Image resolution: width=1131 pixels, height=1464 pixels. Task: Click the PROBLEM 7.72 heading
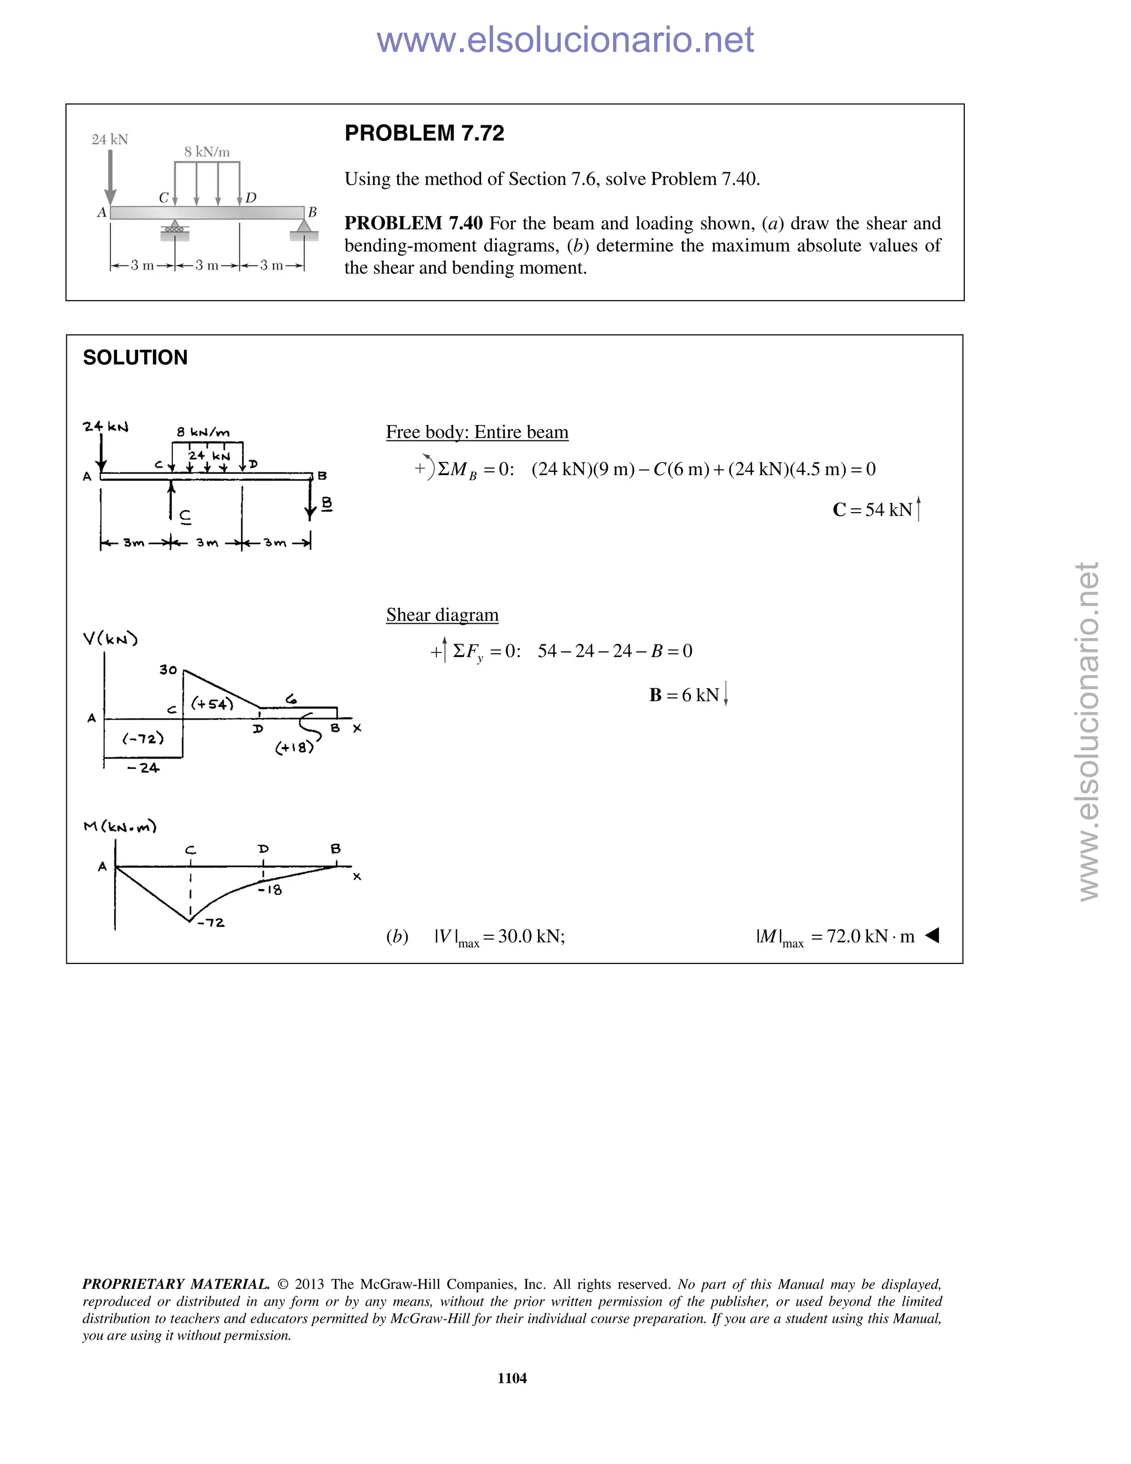pyautogui.click(x=424, y=133)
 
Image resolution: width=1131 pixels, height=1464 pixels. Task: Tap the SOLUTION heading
pyautogui.click(x=135, y=357)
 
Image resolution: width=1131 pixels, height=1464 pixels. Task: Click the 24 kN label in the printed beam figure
pyautogui.click(x=110, y=139)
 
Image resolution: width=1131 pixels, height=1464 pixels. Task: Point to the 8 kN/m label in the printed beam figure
pyautogui.click(x=207, y=152)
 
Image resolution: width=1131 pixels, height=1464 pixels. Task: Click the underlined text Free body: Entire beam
pyautogui.click(x=477, y=433)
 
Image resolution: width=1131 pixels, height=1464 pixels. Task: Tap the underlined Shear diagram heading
pyautogui.click(x=442, y=615)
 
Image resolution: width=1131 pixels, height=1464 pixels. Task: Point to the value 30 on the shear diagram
pyautogui.click(x=168, y=670)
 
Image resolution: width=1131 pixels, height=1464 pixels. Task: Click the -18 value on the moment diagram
pyautogui.click(x=270, y=889)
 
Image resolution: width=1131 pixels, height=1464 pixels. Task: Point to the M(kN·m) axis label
pyautogui.click(x=120, y=826)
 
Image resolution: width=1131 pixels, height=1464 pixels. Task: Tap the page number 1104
pyautogui.click(x=512, y=1378)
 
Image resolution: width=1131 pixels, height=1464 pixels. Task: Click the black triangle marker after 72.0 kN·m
pyautogui.click(x=932, y=935)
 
